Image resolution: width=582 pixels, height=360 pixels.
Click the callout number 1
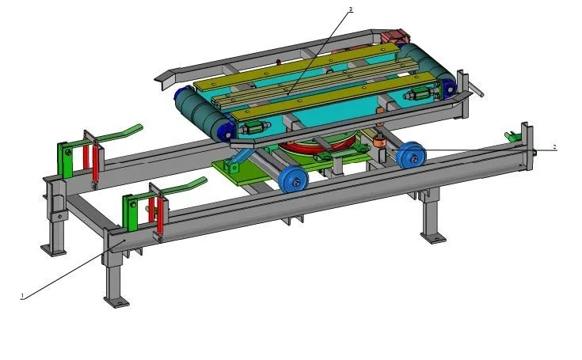pos(22,296)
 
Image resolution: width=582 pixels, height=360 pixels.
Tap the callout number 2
pos(554,147)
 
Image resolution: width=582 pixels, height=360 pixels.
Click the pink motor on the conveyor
pos(395,36)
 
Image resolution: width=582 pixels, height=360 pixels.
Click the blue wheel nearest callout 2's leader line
pos(411,154)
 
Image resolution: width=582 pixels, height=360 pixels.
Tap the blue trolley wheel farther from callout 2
pos(293,179)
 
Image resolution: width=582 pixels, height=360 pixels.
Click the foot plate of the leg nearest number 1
pos(116,301)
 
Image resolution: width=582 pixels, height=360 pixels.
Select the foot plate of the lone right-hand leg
pos(433,237)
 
